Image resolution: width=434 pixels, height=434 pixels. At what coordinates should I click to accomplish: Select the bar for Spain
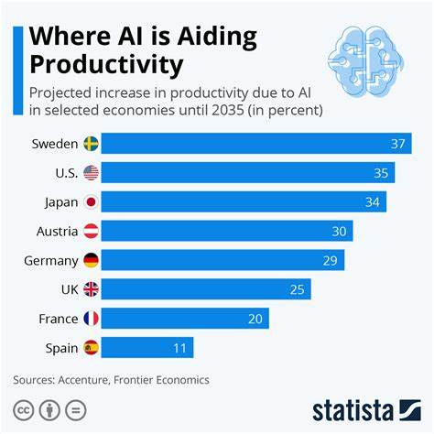pos(146,348)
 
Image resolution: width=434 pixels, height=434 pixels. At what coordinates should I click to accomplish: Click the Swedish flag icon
pos(91,144)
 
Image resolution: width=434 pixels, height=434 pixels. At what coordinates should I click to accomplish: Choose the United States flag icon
pos(91,173)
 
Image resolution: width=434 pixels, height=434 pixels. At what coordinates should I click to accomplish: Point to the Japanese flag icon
pos(91,202)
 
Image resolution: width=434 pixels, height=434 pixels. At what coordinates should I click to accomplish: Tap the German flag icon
pos(91,261)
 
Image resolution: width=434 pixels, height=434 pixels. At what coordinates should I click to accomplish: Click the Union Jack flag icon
pos(91,289)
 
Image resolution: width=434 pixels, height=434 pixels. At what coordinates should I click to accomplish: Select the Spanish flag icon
pos(91,348)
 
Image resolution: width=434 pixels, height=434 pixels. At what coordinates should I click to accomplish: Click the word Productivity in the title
pos(106,66)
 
